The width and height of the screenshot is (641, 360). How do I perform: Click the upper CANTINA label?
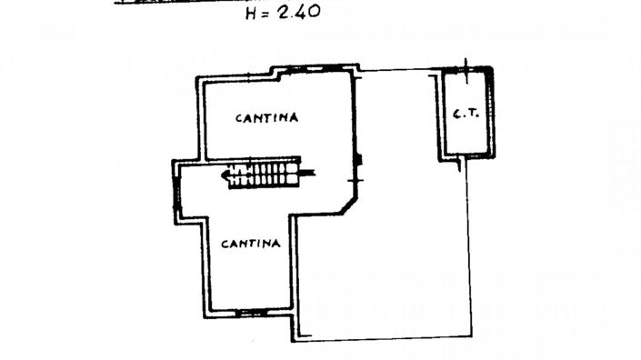point(267,117)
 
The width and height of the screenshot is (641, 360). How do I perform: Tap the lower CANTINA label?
point(250,244)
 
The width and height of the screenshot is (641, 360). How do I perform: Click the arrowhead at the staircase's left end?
point(225,173)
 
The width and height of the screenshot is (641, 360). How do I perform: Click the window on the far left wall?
point(175,192)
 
